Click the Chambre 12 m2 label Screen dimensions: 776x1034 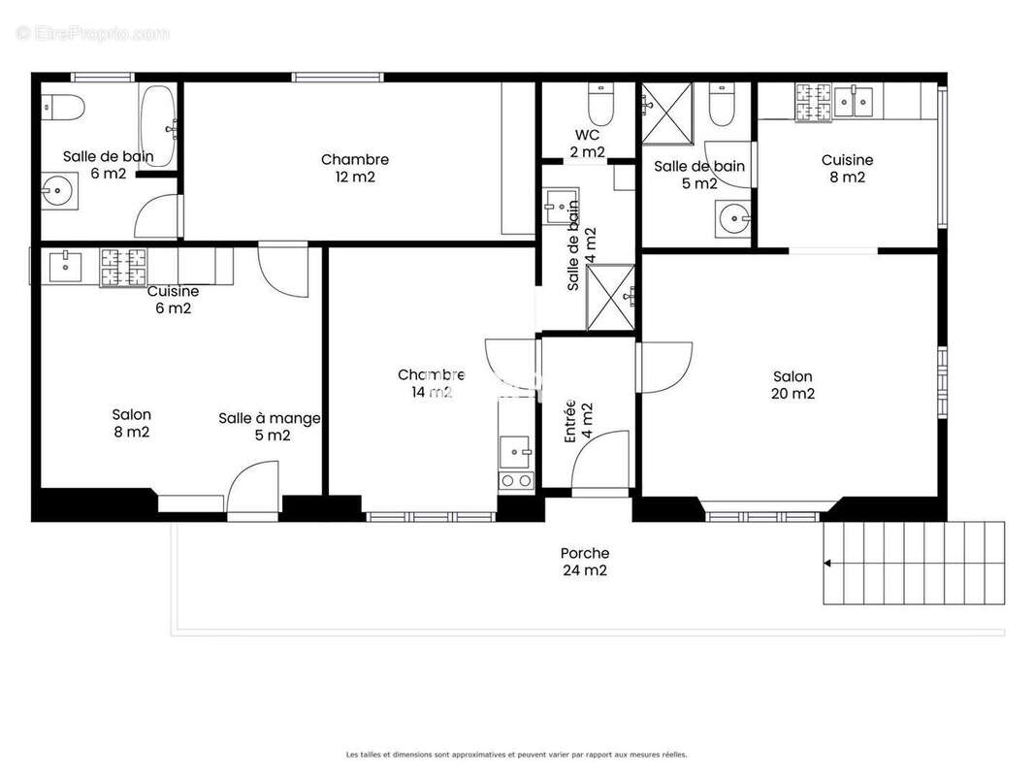click(355, 168)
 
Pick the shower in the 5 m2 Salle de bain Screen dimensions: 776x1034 click(667, 112)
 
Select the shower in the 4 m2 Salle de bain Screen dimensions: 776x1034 click(610, 297)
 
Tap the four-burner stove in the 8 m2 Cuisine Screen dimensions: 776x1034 click(814, 103)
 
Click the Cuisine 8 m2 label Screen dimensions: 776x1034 click(847, 169)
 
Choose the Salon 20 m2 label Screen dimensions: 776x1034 click(792, 385)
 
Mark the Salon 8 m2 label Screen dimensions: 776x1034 click(131, 423)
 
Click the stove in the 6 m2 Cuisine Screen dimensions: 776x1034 click(122, 269)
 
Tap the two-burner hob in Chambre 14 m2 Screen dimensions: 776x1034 click(515, 480)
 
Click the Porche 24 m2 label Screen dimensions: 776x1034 click(584, 562)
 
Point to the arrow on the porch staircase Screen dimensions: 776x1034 click(827, 563)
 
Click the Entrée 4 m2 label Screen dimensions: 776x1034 click(578, 421)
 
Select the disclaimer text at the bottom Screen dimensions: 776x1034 click(516, 754)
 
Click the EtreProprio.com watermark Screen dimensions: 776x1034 click(92, 34)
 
